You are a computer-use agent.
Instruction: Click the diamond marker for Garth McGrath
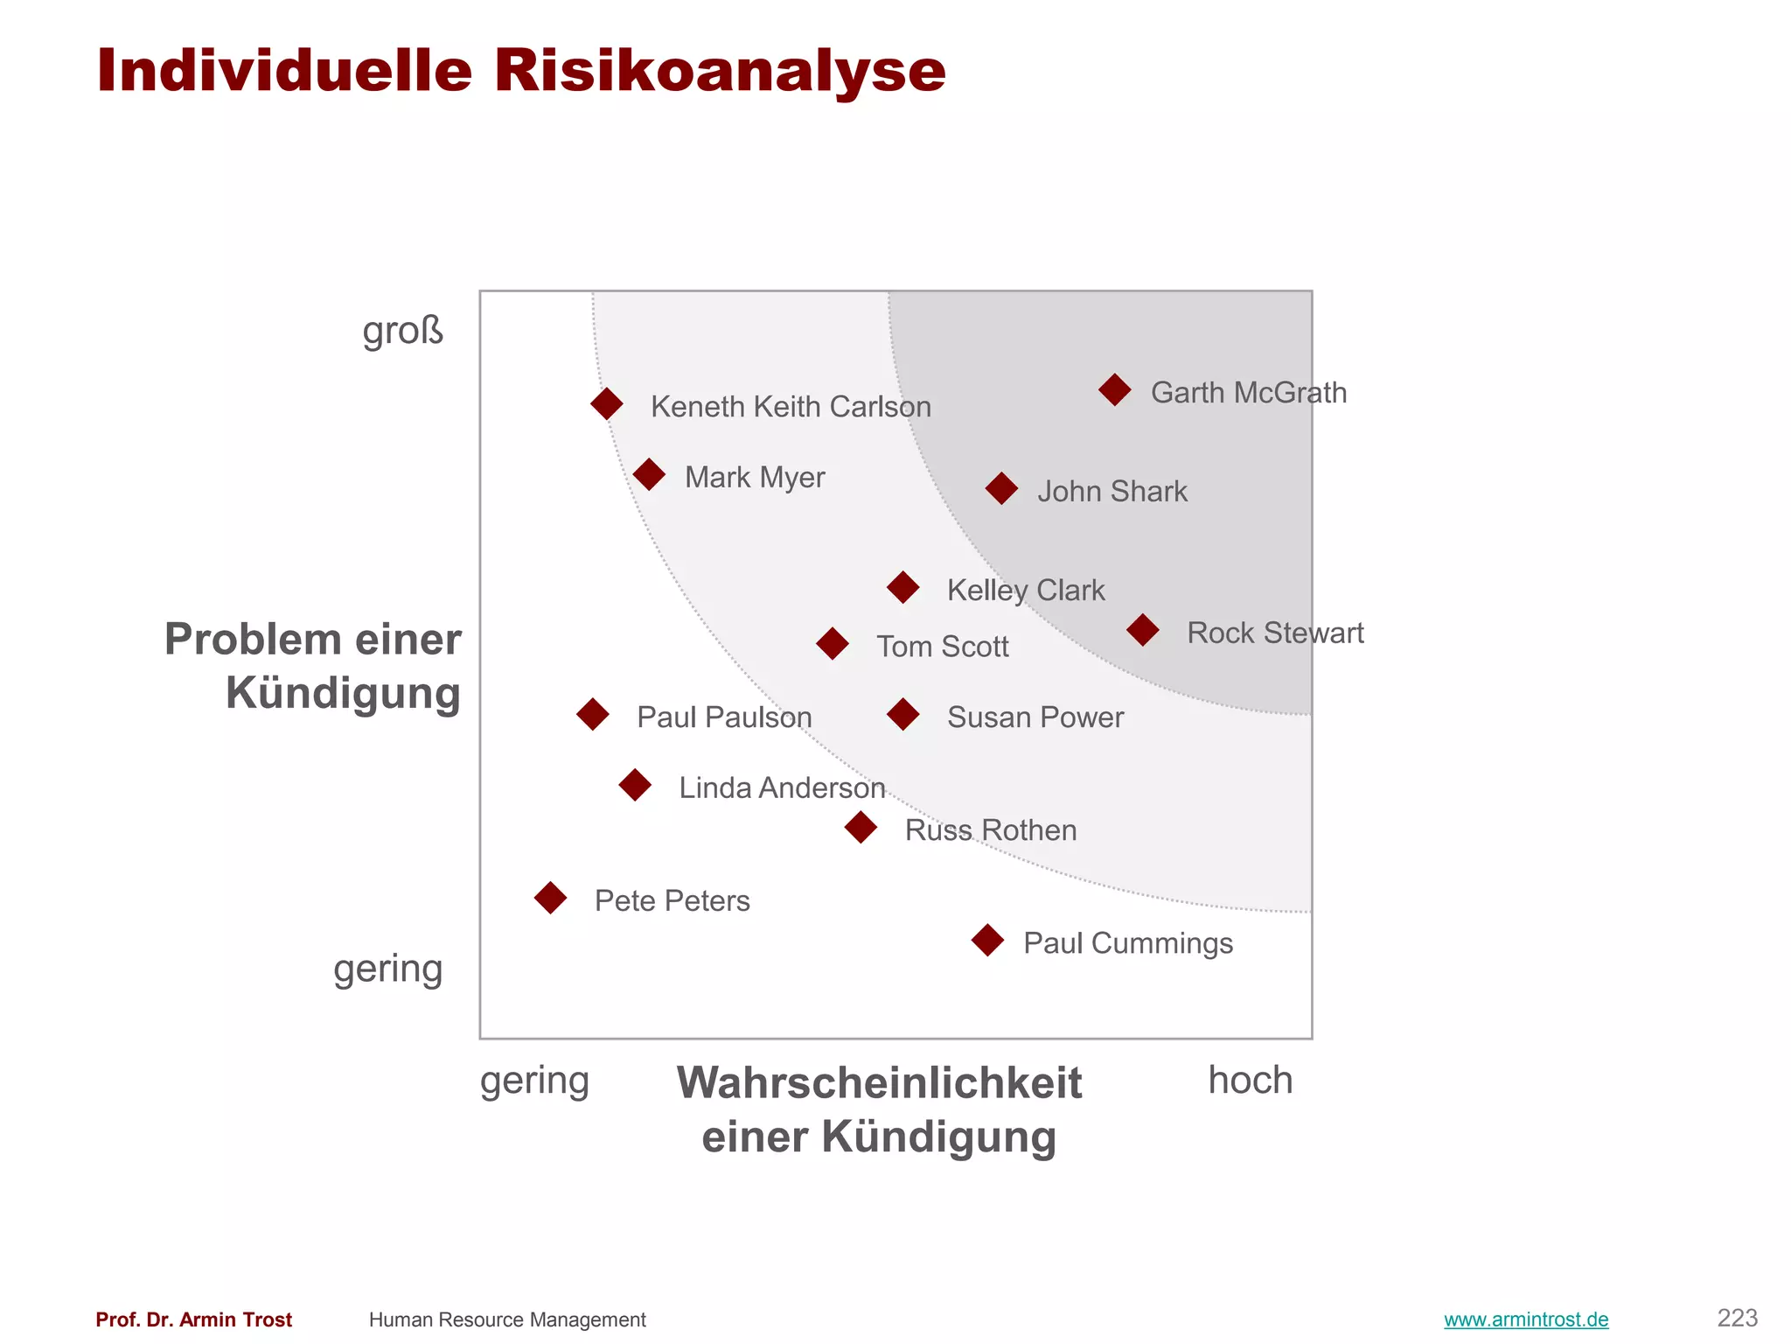pos(1115,389)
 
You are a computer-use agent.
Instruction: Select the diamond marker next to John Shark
pos(1001,488)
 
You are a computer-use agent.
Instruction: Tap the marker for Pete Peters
pos(550,898)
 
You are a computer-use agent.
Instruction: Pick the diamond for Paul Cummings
pos(987,941)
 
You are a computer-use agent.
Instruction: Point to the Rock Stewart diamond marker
pos(1143,630)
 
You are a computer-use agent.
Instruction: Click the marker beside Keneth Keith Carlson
pos(607,404)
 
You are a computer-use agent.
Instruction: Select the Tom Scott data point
pos(833,644)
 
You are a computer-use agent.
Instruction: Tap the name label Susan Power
pos(1035,717)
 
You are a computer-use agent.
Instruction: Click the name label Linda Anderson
pos(782,788)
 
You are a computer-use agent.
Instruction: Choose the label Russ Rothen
pos(991,830)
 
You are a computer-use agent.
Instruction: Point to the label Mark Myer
pos(755,478)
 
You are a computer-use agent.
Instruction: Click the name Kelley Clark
pos(1026,591)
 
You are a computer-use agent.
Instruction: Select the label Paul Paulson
pos(724,717)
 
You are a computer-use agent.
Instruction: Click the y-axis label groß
pos(403,331)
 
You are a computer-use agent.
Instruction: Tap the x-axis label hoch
pos(1250,1081)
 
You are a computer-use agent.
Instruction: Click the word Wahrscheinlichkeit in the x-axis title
pos(880,1083)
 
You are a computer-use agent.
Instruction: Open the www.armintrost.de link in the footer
pos(1526,1319)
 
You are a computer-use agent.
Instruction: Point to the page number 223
pos(1737,1318)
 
